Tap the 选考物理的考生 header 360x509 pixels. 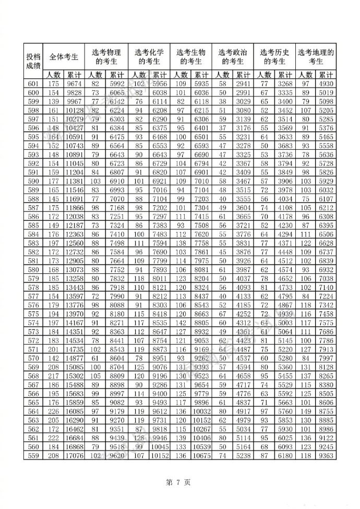pyautogui.click(x=106, y=57)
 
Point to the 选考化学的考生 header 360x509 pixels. pyautogui.click(x=149, y=57)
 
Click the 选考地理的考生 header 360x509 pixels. pyautogui.click(x=316, y=57)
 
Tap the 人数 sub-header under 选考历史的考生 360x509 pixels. pyautogui.click(x=264, y=75)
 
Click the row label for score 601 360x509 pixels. pyautogui.click(x=33, y=83)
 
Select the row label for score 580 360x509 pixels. pyautogui.click(x=33, y=269)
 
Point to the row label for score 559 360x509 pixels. pyautogui.click(x=33, y=455)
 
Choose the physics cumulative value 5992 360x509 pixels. pyautogui.click(x=116, y=83)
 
